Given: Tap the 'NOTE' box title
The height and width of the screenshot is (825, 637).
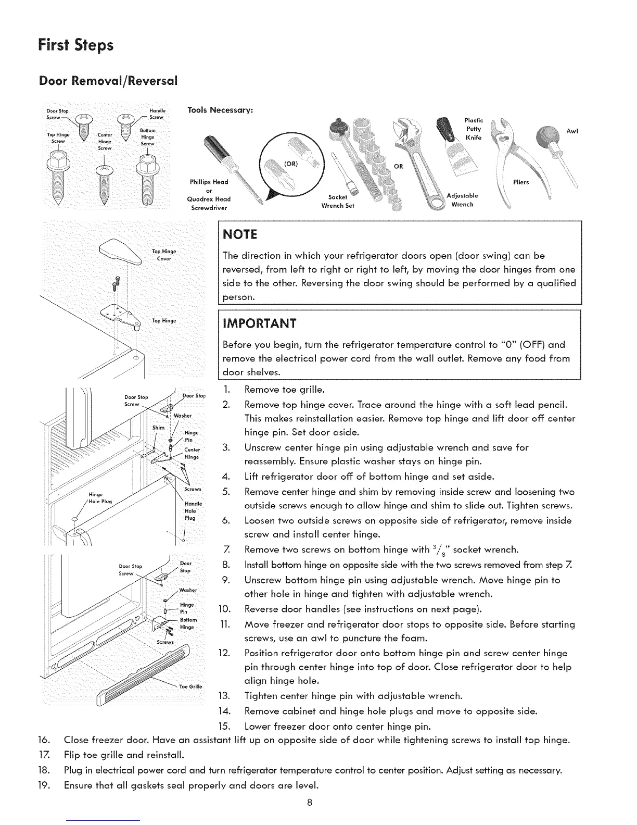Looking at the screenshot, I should point(239,234).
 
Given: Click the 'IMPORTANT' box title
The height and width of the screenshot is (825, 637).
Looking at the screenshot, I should point(259,323).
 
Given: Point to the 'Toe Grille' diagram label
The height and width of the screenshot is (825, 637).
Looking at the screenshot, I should point(188,686).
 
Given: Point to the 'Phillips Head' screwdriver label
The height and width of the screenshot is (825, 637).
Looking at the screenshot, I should point(209,182).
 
